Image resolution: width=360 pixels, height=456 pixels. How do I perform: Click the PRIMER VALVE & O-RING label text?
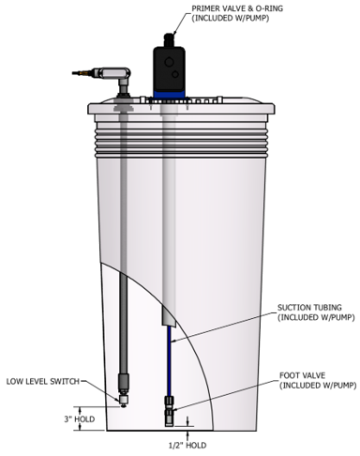click(x=237, y=13)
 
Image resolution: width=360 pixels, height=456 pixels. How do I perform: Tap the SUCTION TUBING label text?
click(x=316, y=312)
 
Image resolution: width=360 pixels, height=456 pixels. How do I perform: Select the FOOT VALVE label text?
click(x=318, y=380)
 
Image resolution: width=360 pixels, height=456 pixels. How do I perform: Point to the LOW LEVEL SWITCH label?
click(x=43, y=382)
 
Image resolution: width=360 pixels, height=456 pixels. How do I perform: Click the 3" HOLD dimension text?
click(x=80, y=419)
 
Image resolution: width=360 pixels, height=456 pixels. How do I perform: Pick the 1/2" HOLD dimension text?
click(x=187, y=445)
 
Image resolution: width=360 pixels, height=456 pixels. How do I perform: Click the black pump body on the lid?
click(x=169, y=68)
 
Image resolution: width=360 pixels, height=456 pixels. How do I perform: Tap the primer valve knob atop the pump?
click(x=169, y=39)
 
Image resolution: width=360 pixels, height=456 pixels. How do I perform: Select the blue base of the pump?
click(x=169, y=94)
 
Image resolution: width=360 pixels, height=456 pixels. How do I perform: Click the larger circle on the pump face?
click(x=169, y=62)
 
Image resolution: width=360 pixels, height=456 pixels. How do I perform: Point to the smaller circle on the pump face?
click(x=175, y=74)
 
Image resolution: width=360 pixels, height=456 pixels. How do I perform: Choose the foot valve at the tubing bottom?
click(x=169, y=411)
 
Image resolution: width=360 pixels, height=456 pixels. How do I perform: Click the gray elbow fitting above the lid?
click(x=120, y=77)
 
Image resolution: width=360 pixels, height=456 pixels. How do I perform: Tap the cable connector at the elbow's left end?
click(x=83, y=73)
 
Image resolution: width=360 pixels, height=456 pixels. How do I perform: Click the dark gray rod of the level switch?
click(x=124, y=322)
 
